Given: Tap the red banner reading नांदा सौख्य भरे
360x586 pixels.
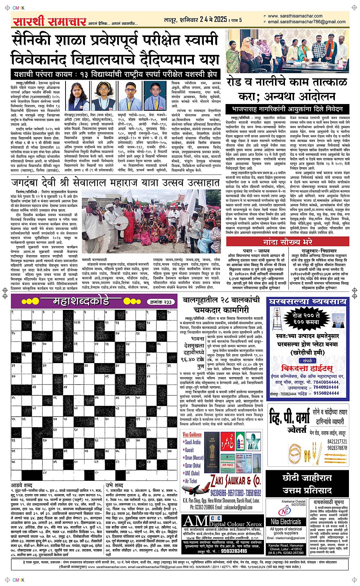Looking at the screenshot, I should point(287,242).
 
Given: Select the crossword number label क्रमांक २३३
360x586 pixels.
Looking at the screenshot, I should point(159,302).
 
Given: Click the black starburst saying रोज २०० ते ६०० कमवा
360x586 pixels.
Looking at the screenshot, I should point(306,319).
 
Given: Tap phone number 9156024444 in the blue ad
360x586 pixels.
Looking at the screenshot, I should point(326,393).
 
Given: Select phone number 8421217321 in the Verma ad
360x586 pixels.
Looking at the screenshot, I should point(337,442).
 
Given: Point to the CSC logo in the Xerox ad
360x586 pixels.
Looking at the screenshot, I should point(216,518).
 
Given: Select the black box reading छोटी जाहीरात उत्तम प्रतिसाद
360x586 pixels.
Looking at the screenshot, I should point(307,483).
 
